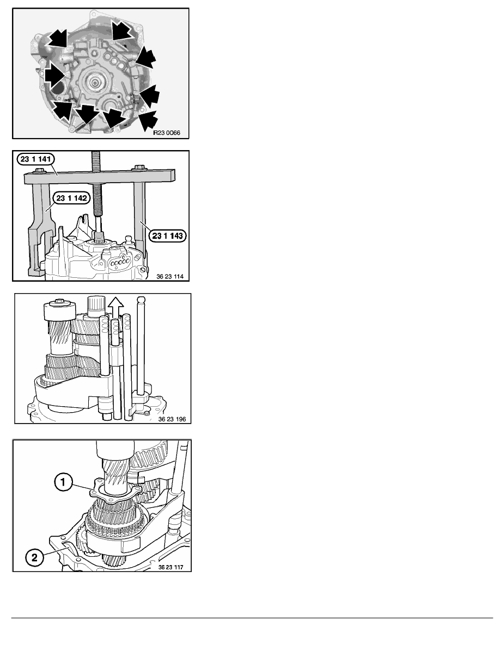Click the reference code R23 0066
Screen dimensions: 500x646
tap(166, 133)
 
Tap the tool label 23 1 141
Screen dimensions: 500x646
tap(35, 159)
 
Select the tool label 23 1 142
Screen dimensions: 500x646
tap(71, 198)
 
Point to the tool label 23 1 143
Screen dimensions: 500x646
tap(167, 235)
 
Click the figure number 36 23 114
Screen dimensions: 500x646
tap(170, 276)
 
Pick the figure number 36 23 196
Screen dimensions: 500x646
tap(172, 419)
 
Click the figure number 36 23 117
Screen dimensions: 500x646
tap(171, 567)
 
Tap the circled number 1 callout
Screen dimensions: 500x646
tap(63, 482)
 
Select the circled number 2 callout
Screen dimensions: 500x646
tap(35, 557)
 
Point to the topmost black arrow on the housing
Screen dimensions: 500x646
tap(123, 30)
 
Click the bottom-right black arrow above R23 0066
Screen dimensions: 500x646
tap(148, 120)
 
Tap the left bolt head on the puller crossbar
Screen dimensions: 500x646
tap(39, 170)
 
